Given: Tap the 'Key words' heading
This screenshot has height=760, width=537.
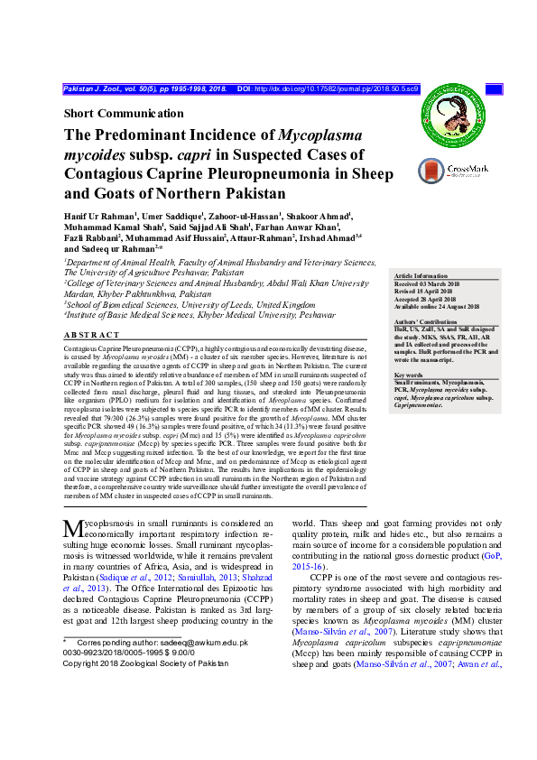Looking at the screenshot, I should tap(409, 375).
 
